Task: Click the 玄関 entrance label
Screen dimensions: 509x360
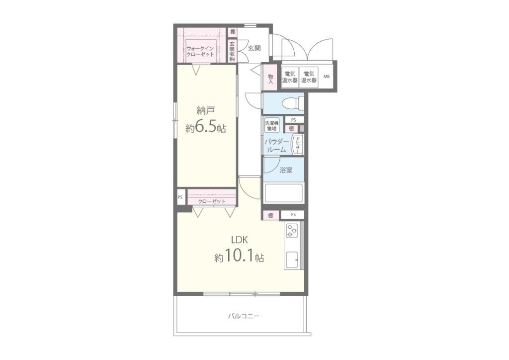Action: [254, 48]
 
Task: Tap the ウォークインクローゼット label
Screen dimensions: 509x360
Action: [200, 51]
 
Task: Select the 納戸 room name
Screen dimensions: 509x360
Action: [206, 111]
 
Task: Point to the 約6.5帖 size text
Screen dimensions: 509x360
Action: [206, 128]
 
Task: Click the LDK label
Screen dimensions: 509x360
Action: [240, 240]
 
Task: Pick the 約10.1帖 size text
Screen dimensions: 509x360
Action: [239, 257]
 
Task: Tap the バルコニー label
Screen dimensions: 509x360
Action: [244, 316]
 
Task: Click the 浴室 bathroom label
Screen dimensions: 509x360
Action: [286, 170]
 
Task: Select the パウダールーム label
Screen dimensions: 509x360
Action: [276, 146]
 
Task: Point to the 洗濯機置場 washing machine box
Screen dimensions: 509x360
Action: [272, 126]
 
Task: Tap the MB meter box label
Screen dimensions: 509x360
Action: [326, 77]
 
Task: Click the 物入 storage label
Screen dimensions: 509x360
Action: [270, 79]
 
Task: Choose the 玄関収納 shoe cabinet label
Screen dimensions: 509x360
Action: [232, 51]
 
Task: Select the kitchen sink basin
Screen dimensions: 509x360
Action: [292, 259]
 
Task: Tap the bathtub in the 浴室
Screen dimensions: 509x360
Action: [284, 193]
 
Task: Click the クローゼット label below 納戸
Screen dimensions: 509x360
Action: [212, 201]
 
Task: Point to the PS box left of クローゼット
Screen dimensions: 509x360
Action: [180, 197]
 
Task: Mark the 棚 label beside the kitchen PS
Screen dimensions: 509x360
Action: [270, 215]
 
